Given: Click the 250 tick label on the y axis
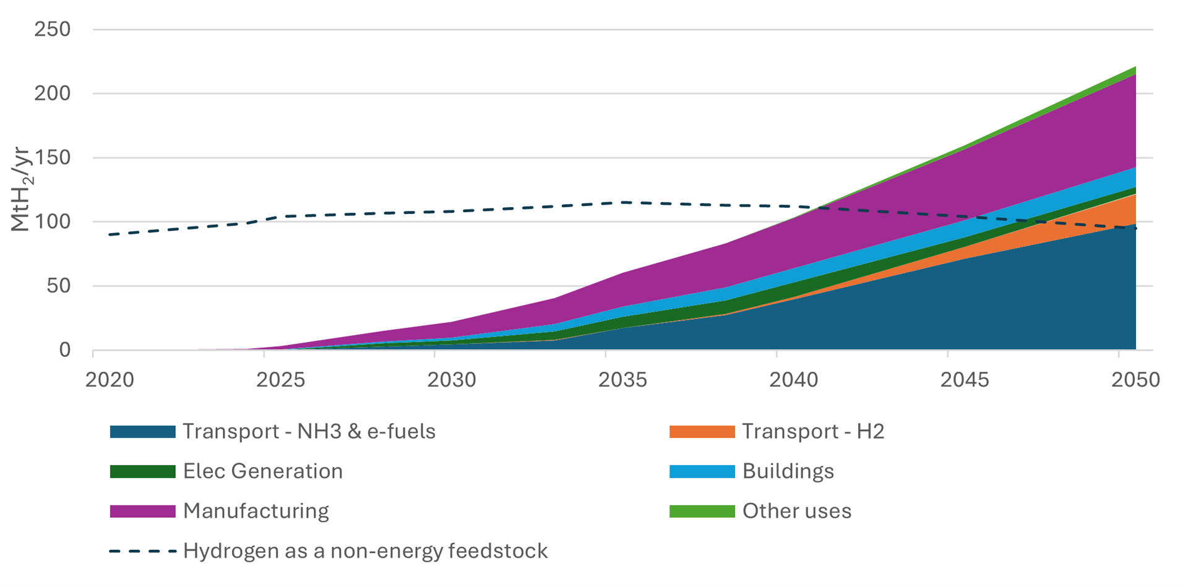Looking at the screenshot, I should click(x=53, y=29).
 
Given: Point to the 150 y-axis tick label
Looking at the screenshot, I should click(x=53, y=158).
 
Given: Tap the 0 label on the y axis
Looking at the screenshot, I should click(x=65, y=350).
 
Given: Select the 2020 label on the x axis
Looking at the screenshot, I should click(x=110, y=380).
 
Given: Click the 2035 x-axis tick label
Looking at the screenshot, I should click(x=622, y=380).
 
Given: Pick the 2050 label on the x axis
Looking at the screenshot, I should click(x=1135, y=380).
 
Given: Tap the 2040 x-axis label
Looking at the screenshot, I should click(x=794, y=380).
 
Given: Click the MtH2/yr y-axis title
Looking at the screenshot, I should click(x=20, y=189).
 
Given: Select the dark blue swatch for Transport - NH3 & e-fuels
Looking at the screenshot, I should click(x=142, y=432).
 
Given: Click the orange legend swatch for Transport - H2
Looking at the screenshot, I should click(x=702, y=432).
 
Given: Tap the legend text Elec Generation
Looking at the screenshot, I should click(x=262, y=471).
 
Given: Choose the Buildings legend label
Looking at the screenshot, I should click(x=788, y=471).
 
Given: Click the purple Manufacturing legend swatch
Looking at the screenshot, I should click(x=142, y=512).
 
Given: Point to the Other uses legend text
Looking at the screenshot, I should click(x=796, y=512).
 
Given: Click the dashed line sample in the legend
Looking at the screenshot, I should click(x=142, y=551).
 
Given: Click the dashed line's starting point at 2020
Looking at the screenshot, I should click(x=110, y=234).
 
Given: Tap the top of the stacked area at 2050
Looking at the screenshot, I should click(x=1135, y=67).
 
